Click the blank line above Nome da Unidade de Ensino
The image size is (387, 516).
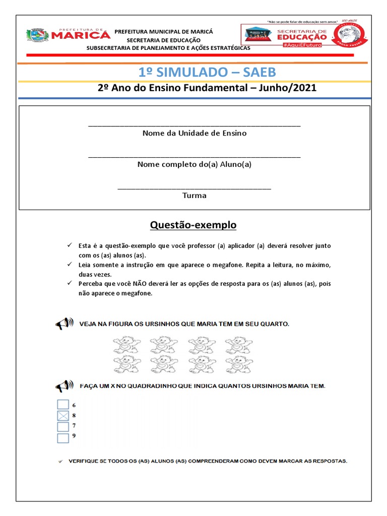194,124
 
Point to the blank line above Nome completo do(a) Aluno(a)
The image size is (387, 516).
194,156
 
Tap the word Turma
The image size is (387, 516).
194,196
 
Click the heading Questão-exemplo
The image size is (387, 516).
193,225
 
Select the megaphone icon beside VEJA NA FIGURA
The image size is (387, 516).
64,324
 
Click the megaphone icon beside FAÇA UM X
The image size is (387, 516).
64,386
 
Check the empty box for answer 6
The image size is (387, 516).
63,405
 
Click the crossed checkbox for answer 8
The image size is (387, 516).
63,416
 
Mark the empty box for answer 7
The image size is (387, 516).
63,426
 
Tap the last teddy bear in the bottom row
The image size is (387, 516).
238,363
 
